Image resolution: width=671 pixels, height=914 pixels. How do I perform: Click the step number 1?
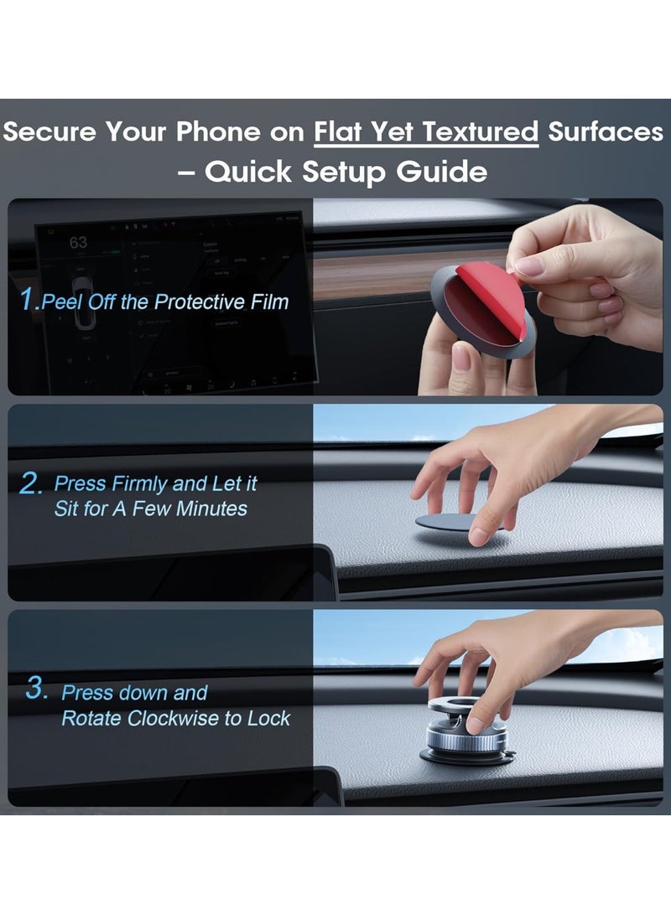(29, 301)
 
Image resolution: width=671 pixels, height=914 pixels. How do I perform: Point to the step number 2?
(30, 483)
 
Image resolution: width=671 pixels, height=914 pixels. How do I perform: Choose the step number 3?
(36, 689)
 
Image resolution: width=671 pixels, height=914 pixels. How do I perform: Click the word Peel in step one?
(63, 302)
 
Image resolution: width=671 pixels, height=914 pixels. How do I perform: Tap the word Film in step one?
(268, 302)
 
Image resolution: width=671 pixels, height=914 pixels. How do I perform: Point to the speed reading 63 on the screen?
(78, 242)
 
